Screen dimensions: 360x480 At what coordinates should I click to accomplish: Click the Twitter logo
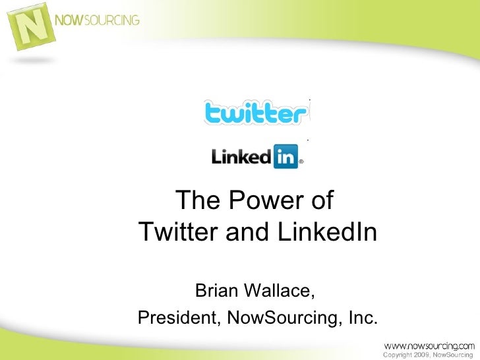coord(256,113)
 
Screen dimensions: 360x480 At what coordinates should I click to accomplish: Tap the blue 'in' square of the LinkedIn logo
coord(285,158)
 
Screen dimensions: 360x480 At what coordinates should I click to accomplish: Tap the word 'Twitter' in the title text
coord(175,232)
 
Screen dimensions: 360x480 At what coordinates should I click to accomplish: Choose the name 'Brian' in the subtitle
coord(220,290)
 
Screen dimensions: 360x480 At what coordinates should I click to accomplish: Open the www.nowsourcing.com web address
coord(428,345)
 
